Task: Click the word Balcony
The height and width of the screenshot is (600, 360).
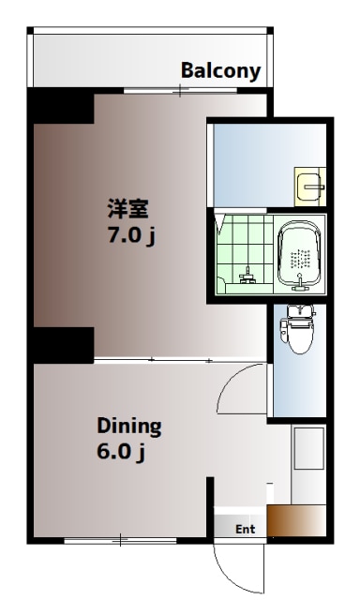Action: point(221,71)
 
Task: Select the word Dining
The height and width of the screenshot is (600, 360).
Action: point(129,427)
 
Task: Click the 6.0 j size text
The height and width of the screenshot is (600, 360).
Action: point(121,453)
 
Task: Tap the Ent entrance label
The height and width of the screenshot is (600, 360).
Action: point(245,530)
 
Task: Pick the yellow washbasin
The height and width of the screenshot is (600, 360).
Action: point(309,188)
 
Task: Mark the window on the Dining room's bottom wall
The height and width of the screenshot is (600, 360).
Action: point(121,541)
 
